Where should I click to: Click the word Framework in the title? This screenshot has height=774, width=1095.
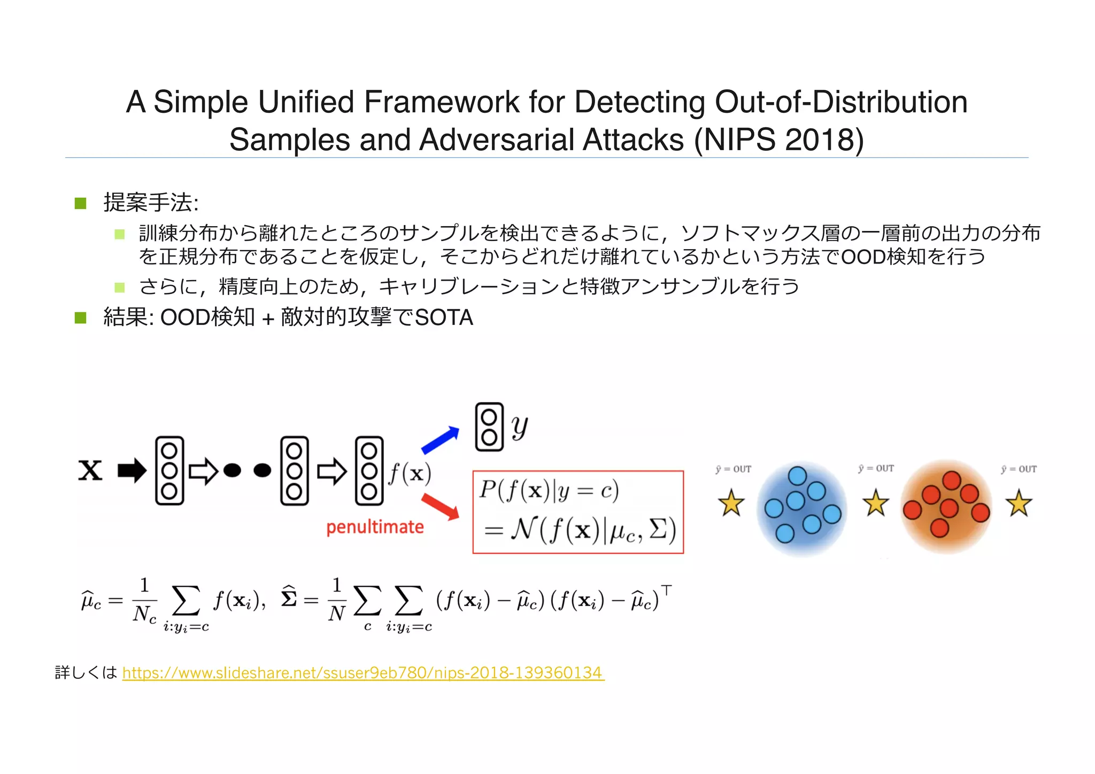click(441, 102)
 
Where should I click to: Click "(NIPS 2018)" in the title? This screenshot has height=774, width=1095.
click(778, 140)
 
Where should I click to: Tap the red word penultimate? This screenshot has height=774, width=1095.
click(375, 528)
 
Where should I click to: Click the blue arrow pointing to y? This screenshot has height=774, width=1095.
click(440, 440)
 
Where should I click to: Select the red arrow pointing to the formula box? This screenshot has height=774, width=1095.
click(440, 507)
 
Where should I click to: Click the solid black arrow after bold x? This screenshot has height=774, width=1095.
click(132, 471)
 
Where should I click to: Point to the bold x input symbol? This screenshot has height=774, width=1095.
click(90, 471)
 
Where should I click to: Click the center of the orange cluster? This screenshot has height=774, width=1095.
click(946, 506)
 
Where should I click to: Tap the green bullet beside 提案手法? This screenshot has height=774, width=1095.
click(81, 203)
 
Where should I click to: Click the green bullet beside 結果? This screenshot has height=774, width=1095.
click(81, 318)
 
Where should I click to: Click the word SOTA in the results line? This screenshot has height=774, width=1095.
click(444, 318)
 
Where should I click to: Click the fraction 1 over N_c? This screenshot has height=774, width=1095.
click(144, 600)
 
